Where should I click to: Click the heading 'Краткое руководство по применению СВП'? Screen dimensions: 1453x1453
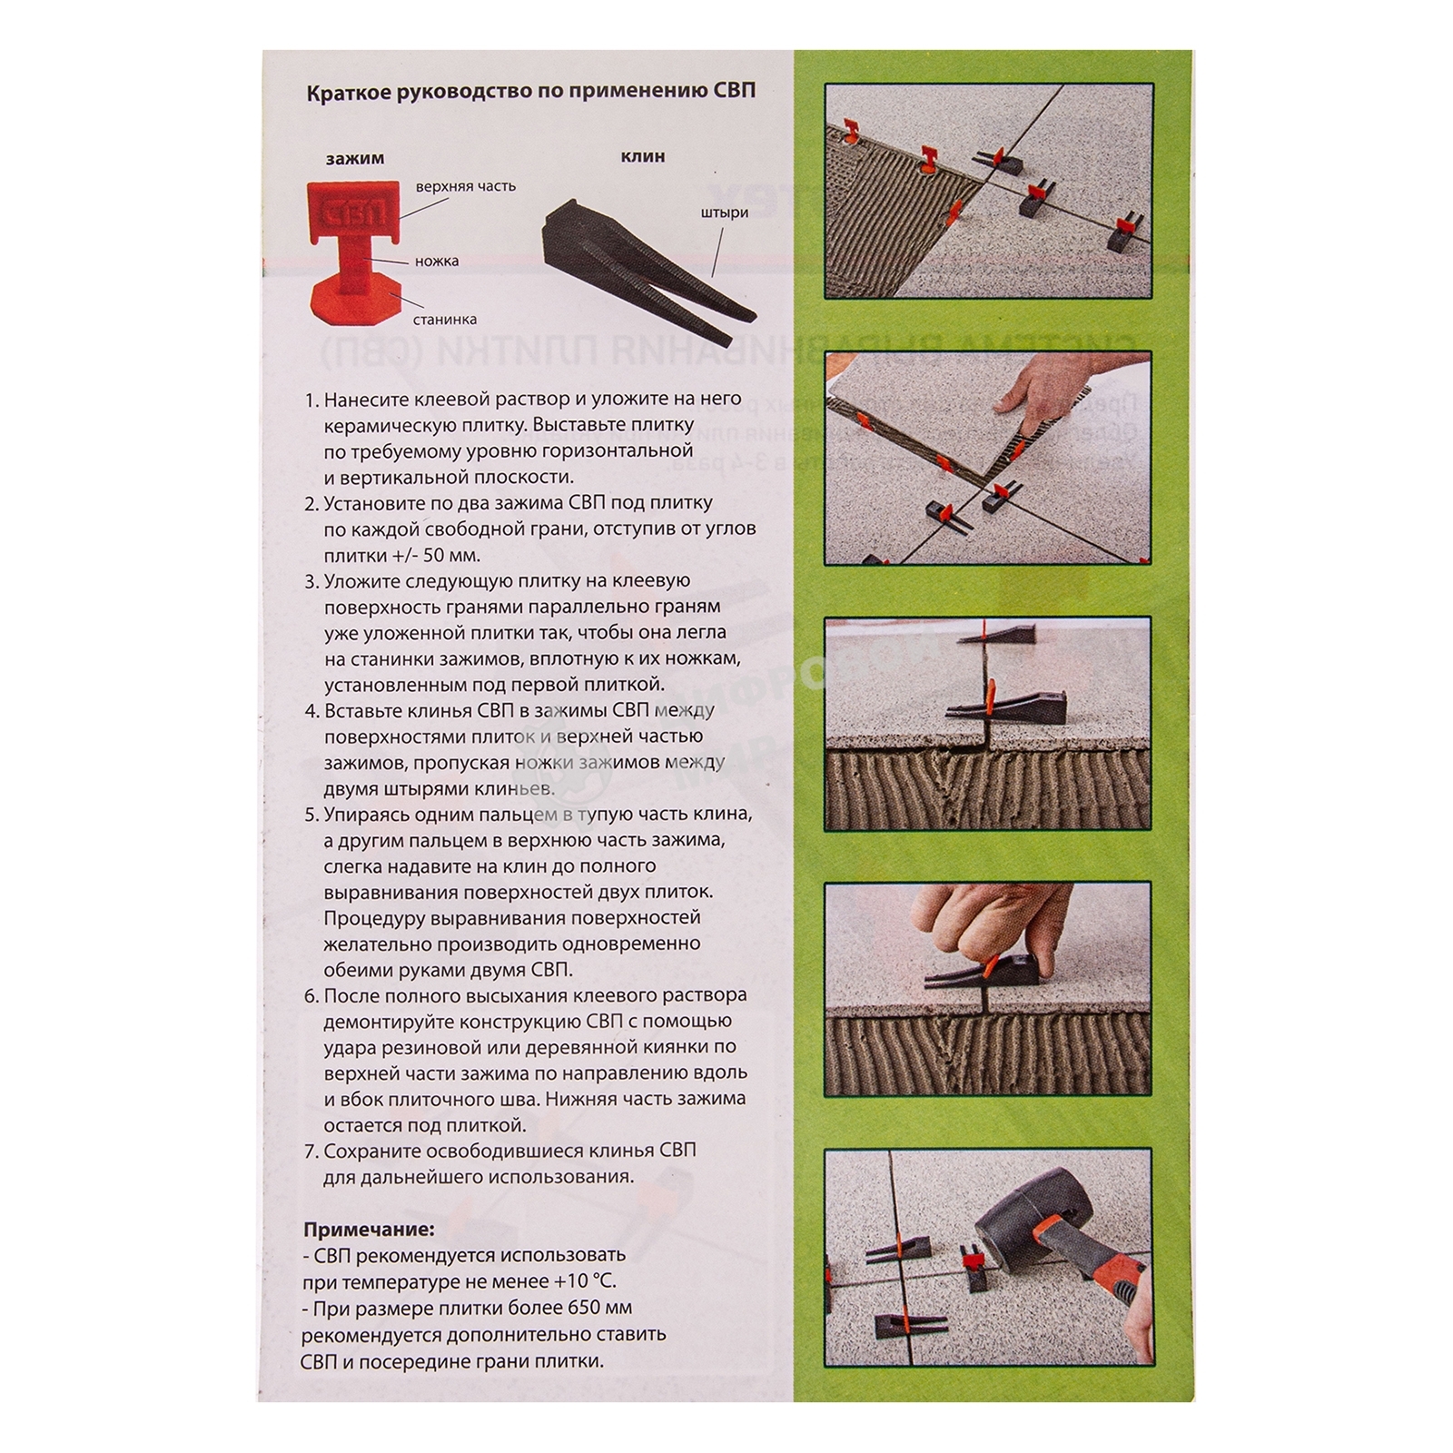coord(531,92)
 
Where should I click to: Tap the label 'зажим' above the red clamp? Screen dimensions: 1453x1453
coord(355,158)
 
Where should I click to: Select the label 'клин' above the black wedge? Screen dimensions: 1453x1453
coord(643,156)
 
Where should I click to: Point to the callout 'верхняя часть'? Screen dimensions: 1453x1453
coord(466,186)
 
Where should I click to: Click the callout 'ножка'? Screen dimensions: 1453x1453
coord(437,261)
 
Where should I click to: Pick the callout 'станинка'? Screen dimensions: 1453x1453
coord(445,320)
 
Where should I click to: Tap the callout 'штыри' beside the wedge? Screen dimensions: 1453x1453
coord(725,213)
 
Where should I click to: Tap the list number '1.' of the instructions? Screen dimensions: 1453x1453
coord(312,400)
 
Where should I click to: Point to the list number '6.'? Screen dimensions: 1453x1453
coord(312,996)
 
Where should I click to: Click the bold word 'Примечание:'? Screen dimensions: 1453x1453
coord(368,1231)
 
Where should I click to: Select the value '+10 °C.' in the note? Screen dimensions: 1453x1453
coord(584,1282)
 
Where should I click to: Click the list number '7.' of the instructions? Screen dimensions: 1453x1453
coord(312,1152)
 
